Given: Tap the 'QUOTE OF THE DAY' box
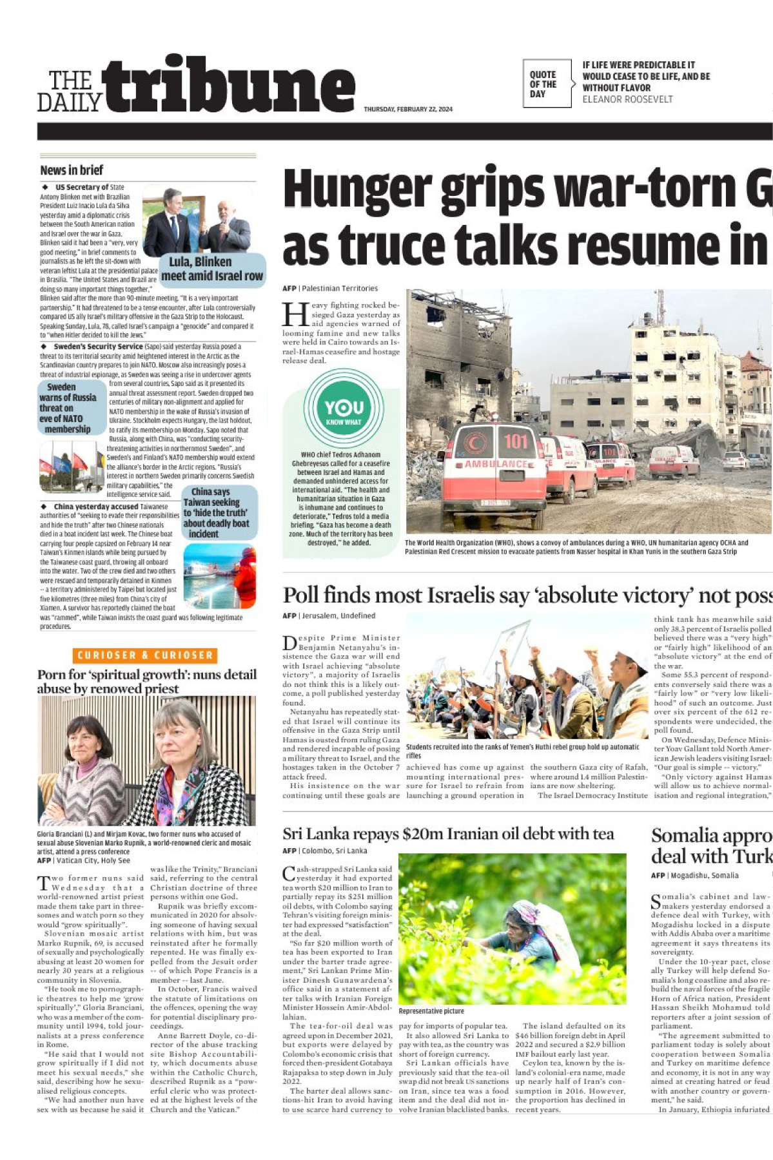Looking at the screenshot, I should (546, 84).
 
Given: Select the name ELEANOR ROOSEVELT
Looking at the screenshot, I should (627, 99).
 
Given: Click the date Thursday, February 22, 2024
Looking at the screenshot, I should (408, 109).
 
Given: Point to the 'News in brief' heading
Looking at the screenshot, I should (72, 170).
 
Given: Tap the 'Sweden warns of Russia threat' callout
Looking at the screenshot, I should (68, 408).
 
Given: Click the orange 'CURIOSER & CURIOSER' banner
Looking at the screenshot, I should (145, 655).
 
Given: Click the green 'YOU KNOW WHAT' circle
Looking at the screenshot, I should (344, 409).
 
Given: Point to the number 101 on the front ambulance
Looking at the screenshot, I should (516, 441).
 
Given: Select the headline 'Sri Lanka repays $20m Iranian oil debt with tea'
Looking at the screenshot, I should (447, 834).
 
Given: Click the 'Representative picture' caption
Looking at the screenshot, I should (431, 1011).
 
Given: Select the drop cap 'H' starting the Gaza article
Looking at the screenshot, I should (295, 315).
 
